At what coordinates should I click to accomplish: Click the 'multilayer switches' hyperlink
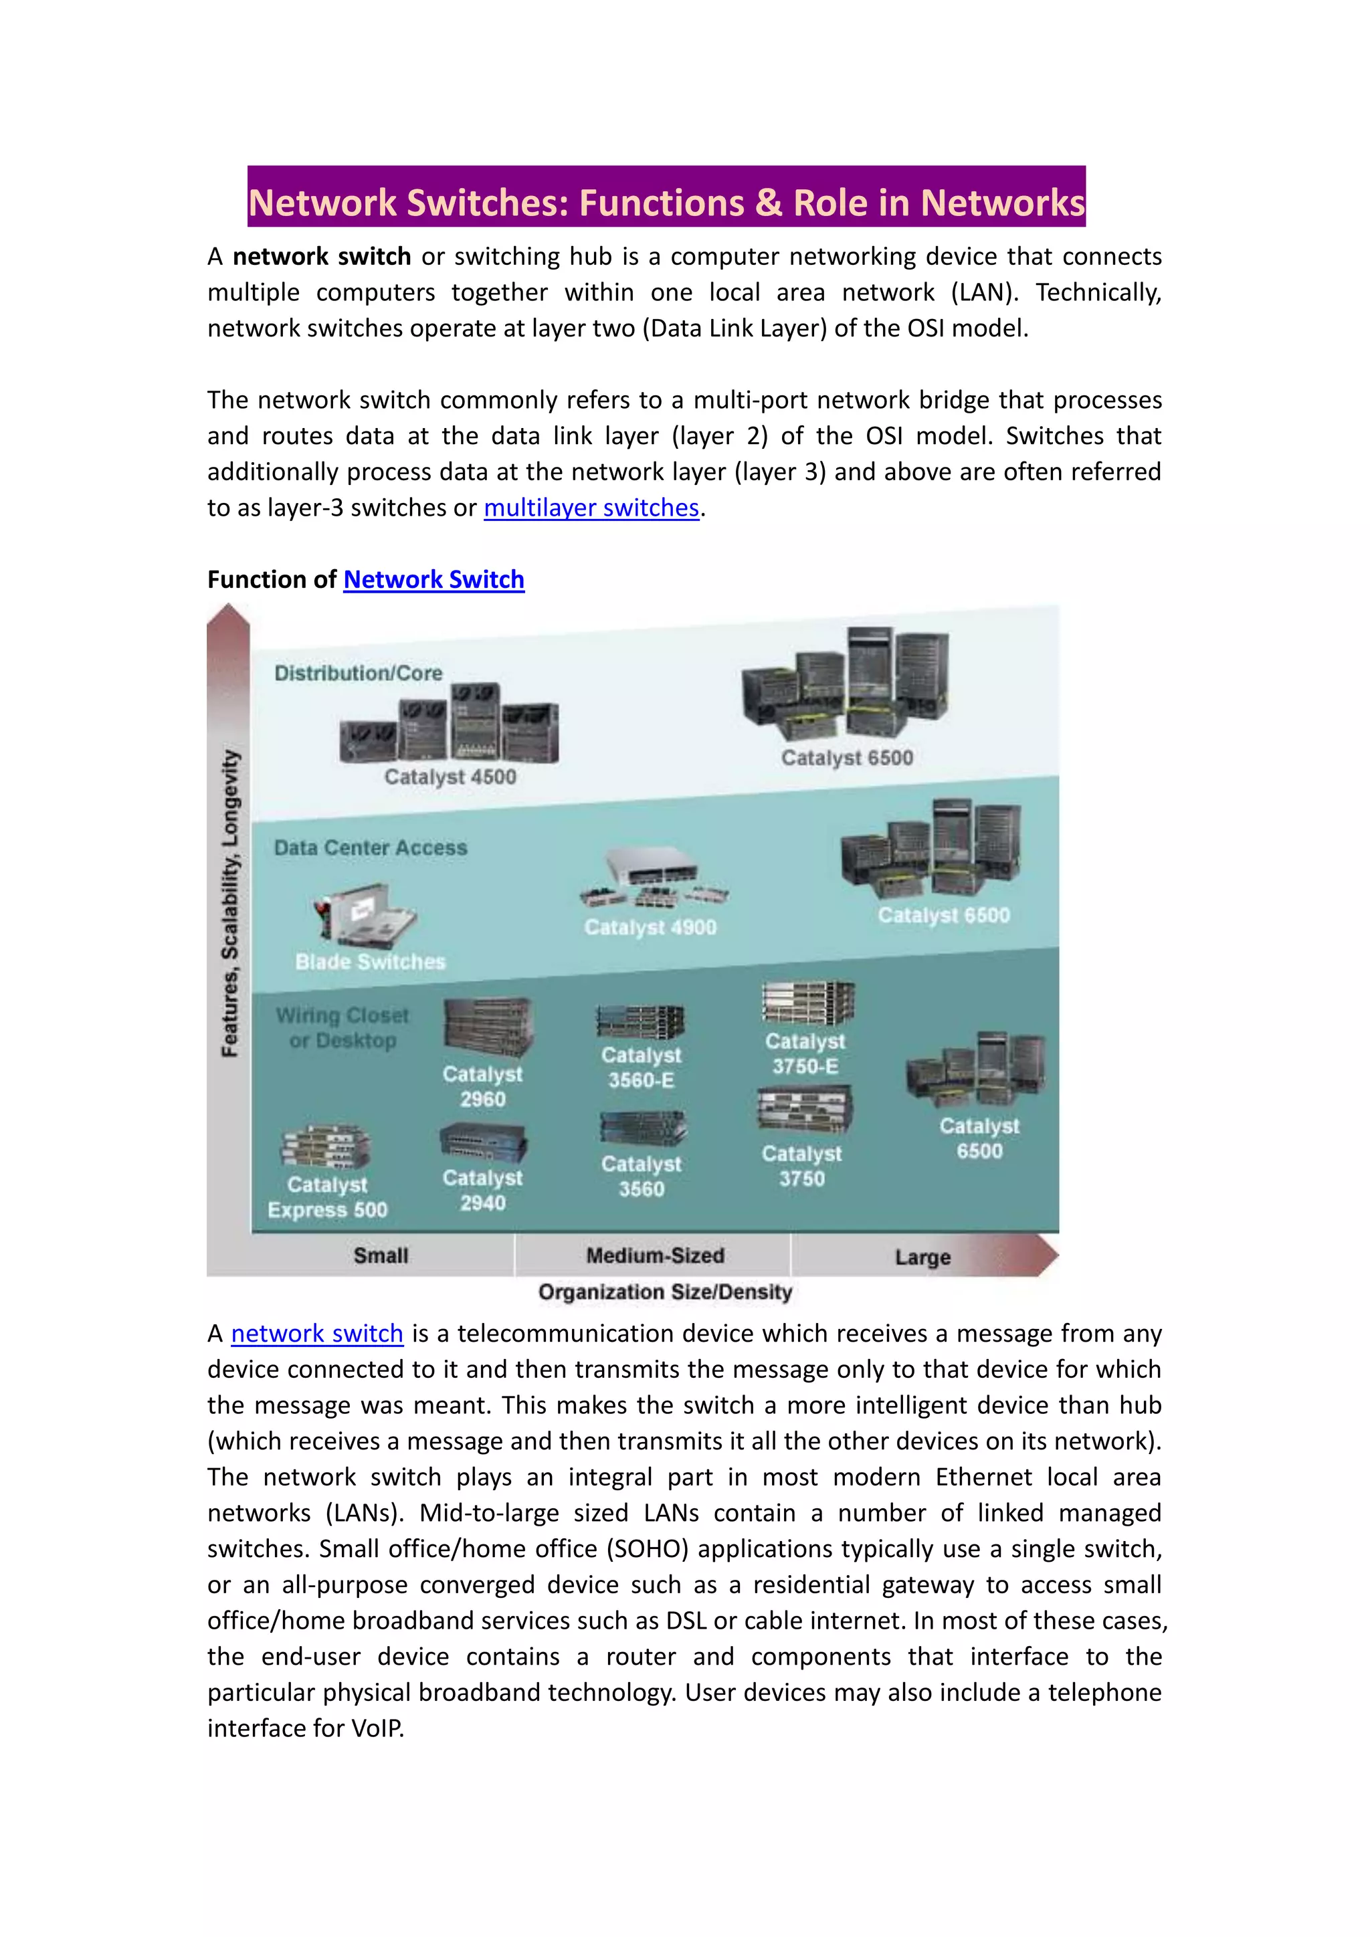591,508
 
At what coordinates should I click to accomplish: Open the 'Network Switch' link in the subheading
433,580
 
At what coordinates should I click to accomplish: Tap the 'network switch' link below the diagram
317,1333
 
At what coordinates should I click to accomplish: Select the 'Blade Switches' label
371,962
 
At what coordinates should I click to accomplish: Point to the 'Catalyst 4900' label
650,927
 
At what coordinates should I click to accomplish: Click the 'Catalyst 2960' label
482,1087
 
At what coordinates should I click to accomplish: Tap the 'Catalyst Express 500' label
327,1197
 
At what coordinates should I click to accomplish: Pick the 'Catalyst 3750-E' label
805,1053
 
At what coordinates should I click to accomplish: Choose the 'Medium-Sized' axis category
655,1255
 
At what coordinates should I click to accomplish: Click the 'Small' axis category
381,1255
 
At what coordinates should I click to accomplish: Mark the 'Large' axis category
923,1257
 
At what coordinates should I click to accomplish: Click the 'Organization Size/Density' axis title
666,1292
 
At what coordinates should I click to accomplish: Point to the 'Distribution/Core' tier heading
359,674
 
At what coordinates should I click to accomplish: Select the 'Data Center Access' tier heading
371,848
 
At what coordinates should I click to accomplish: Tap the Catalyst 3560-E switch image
640,1021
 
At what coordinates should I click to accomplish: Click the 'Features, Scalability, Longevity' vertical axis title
229,903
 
